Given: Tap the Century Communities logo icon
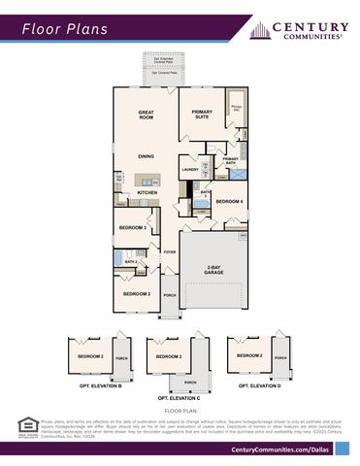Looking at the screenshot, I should click(259, 30).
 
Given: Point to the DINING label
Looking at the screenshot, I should click(146, 155).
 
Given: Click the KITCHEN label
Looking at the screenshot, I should click(147, 192).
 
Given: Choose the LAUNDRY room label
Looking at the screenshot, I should click(190, 169).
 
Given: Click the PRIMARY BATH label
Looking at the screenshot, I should click(231, 161).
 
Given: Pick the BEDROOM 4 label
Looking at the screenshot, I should click(229, 201).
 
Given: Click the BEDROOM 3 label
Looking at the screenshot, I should click(132, 228).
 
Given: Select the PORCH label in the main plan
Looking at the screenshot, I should click(169, 295).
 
